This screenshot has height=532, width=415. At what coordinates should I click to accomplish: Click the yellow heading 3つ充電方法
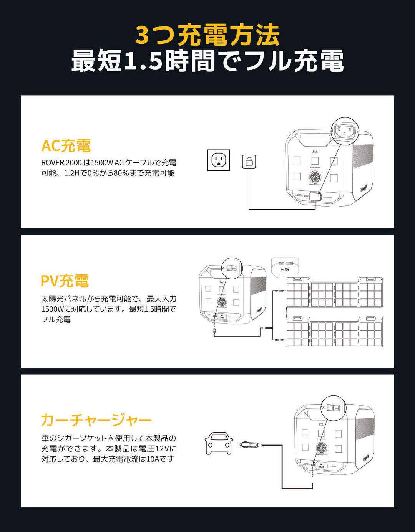point(207,35)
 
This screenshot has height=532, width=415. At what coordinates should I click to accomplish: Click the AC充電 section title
point(66,146)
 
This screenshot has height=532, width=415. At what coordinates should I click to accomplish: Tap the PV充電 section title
point(65,281)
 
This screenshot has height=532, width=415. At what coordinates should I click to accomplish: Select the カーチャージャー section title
point(96,420)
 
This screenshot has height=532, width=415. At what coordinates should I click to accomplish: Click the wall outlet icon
point(219,160)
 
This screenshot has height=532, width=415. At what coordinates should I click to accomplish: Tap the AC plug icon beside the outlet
point(249,161)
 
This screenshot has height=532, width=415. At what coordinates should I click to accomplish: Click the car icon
point(219,443)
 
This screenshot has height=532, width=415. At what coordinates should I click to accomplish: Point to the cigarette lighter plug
point(250,445)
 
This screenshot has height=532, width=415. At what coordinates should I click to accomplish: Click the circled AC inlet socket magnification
point(344,131)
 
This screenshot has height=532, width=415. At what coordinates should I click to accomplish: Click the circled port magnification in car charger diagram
point(333,408)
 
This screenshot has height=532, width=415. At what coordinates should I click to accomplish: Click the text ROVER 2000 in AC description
point(61,163)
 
